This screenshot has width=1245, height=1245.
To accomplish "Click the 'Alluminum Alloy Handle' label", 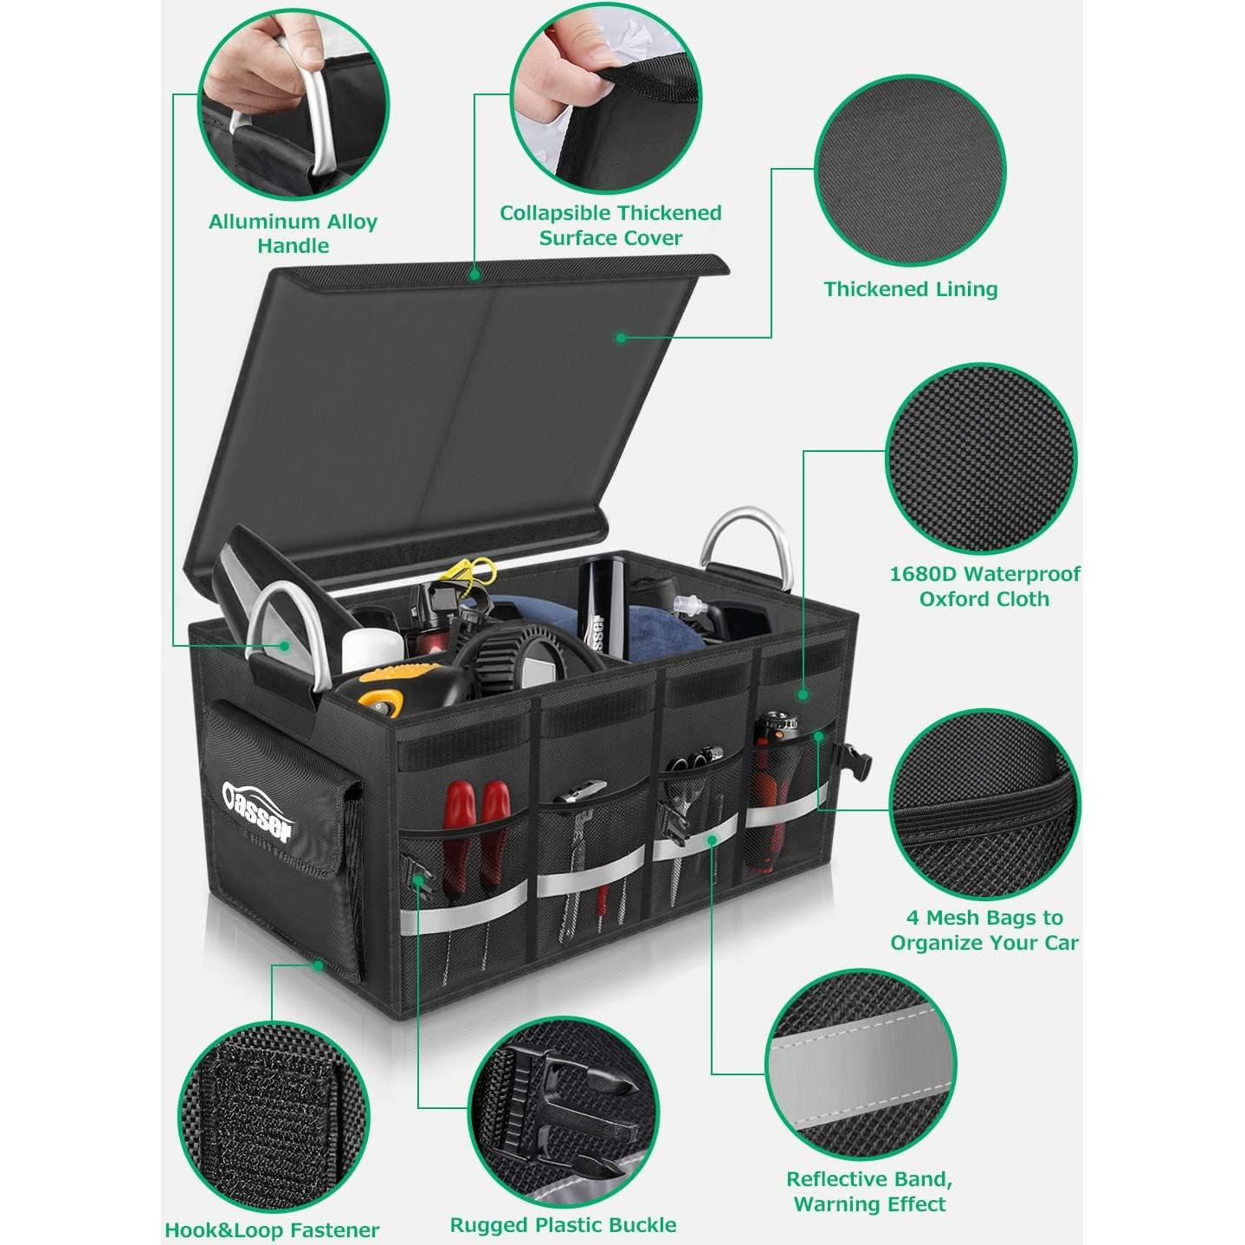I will [x=293, y=234].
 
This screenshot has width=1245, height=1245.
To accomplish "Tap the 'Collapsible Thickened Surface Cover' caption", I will [x=610, y=225].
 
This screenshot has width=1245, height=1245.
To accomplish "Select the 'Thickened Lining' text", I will [x=910, y=289].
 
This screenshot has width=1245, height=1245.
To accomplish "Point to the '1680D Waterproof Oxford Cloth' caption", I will [x=984, y=586].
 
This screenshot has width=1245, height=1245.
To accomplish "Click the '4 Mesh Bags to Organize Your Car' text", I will [x=984, y=930].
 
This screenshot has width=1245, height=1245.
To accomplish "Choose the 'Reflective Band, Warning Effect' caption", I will [x=869, y=1191].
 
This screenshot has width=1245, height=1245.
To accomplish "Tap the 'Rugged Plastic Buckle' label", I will [x=563, y=1225].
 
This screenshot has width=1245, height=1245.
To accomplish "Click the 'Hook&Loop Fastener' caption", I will [x=272, y=1230].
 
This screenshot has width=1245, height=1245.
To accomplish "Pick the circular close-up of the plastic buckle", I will [x=564, y=1112].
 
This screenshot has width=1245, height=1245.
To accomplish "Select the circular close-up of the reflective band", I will [x=861, y=1065].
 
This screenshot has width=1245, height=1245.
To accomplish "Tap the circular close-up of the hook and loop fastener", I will [x=274, y=1117].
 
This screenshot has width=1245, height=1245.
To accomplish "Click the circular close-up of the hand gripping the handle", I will [x=294, y=105].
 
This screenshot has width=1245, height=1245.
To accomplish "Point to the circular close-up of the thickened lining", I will [x=910, y=170].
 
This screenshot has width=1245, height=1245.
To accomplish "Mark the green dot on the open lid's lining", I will [x=621, y=338].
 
